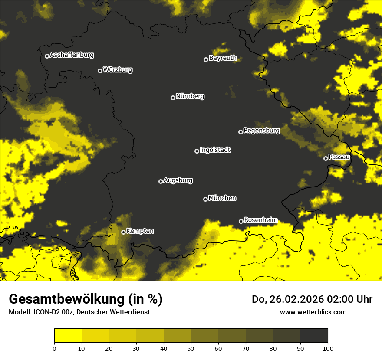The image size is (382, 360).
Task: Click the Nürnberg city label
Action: click(190, 96)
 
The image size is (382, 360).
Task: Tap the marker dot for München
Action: click(205, 199)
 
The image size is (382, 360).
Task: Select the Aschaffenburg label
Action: click(72, 55)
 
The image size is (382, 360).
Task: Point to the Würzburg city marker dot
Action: click(100, 71)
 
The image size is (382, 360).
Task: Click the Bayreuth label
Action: click(223, 58)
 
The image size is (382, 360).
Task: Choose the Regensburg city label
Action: click(261, 131)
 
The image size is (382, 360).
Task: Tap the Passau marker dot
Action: click(326, 158)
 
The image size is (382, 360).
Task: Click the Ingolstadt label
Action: click(215, 150)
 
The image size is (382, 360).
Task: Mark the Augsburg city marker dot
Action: click(161, 181)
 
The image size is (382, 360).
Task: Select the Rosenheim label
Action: click(260, 220)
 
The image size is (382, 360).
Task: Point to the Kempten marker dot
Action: click(123, 232)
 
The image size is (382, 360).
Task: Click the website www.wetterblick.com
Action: click(313, 312)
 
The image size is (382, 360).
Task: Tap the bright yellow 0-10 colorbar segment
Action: click(68, 336)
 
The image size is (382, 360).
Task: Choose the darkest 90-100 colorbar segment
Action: click(314, 336)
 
